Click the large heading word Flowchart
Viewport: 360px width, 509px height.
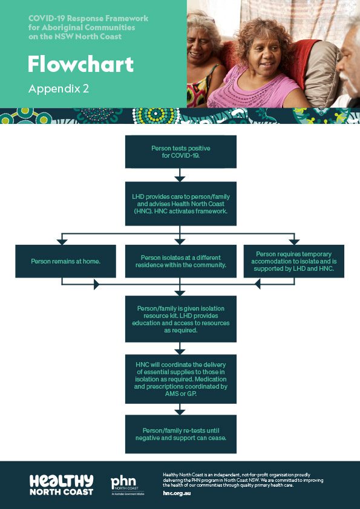point(80,64)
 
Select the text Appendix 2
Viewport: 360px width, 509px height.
point(59,89)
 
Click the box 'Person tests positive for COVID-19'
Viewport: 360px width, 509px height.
point(181,152)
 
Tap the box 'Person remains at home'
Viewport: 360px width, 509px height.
point(65,261)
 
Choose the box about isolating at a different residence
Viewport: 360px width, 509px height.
point(181,261)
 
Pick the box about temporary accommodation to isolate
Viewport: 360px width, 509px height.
point(293,261)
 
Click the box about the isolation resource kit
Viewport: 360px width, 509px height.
point(181,319)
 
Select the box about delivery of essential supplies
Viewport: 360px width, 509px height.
point(181,379)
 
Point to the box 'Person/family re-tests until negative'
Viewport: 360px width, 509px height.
point(181,434)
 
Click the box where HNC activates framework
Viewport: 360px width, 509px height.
point(181,204)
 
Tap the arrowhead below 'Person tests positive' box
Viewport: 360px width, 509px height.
point(180,179)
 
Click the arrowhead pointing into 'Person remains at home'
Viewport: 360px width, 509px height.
point(62,242)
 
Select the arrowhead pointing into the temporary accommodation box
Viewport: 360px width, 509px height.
point(294,242)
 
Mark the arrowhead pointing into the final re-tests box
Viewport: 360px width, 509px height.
point(180,412)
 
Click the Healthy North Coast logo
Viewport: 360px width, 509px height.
point(61,485)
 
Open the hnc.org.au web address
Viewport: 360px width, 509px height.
point(177,493)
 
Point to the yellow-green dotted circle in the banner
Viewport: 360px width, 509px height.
point(156,115)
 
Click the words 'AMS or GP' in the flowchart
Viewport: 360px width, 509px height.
point(181,394)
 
